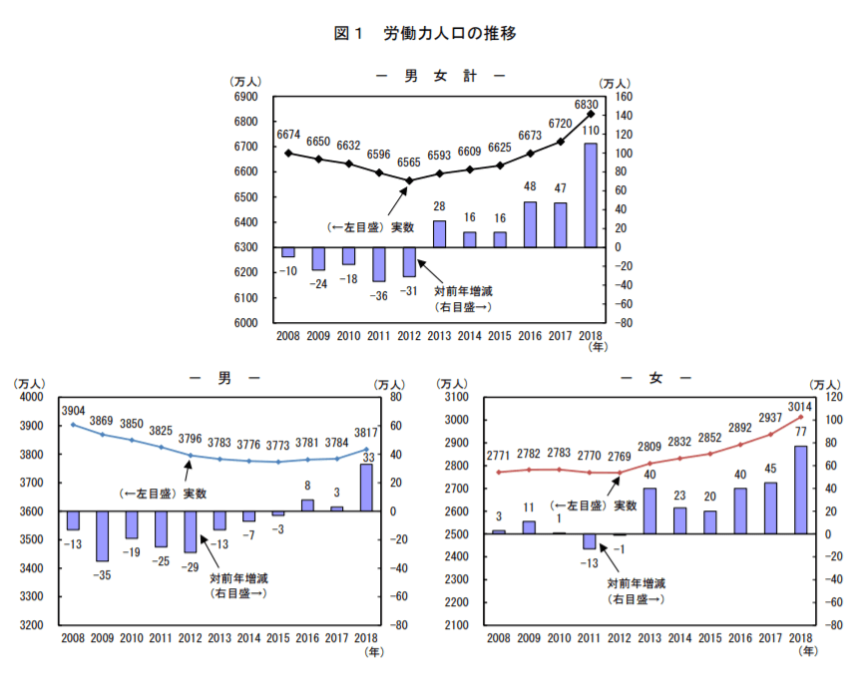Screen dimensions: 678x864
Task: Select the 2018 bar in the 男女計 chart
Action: [591, 195]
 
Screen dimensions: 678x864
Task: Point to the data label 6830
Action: [587, 104]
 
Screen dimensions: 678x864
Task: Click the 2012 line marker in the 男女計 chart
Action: [409, 180]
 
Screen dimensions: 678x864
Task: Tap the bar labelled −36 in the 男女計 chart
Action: [379, 264]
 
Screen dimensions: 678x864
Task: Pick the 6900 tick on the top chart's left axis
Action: [246, 97]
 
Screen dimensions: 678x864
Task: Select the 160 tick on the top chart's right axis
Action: [624, 97]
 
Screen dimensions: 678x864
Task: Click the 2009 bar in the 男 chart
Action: [102, 535]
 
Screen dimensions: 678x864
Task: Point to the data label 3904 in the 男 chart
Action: [73, 410]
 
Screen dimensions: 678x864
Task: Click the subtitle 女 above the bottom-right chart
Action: [655, 378]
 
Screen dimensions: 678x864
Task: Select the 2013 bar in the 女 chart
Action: [649, 510]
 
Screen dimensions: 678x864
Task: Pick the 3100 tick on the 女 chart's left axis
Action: [457, 397]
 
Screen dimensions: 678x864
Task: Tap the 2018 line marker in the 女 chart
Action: [800, 418]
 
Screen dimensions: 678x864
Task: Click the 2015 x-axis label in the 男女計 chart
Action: [500, 337]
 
